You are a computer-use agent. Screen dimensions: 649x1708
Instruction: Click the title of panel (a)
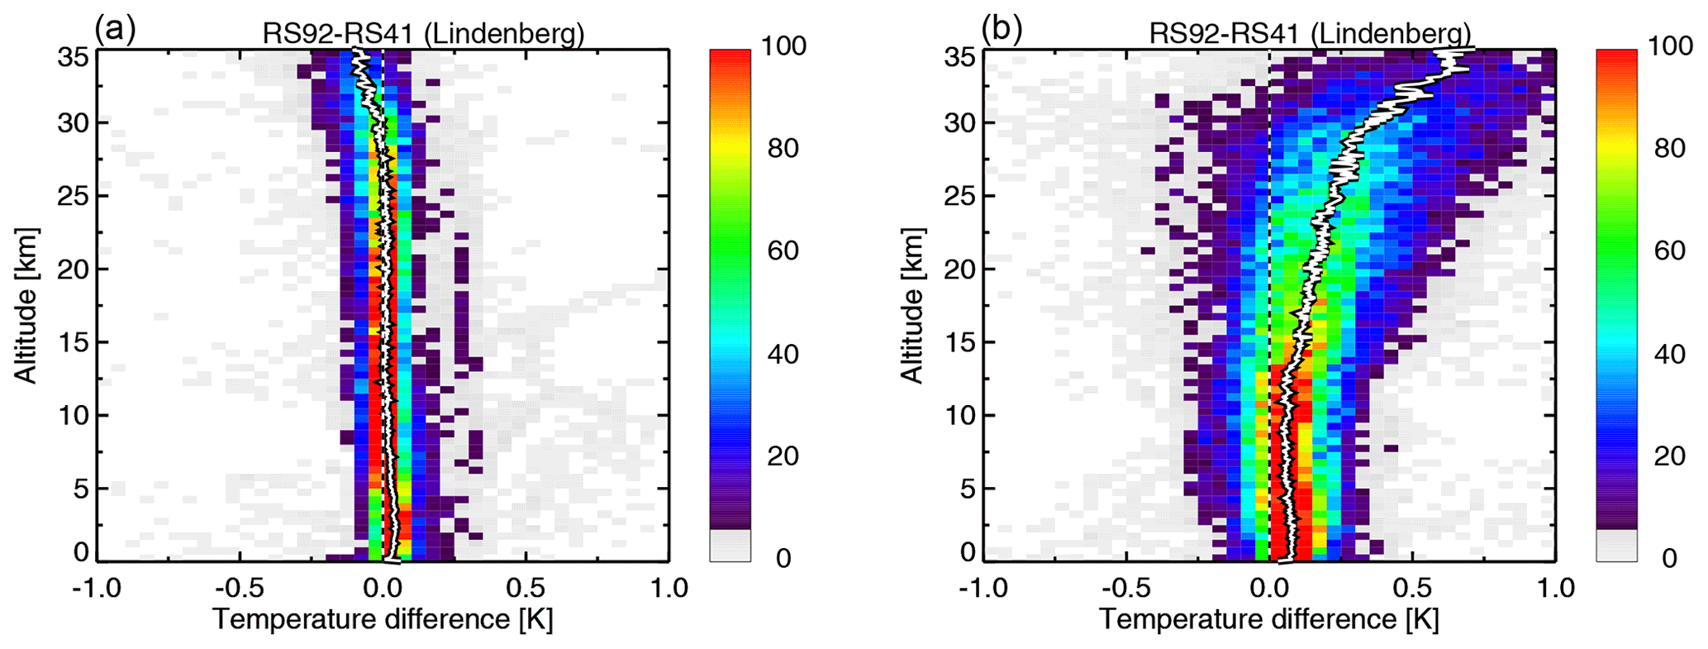[423, 34]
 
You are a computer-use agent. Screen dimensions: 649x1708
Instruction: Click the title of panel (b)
[1310, 34]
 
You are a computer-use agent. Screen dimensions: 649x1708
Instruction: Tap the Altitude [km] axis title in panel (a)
[26, 306]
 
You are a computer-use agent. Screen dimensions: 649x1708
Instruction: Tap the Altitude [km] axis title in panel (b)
[911, 306]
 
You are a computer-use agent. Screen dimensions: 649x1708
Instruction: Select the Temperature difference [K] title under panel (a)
[383, 619]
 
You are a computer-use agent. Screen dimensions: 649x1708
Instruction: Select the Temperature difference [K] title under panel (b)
[1269, 619]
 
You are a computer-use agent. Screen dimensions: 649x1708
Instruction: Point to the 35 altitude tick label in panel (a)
[73, 57]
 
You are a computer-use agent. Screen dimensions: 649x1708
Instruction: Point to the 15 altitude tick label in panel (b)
[959, 342]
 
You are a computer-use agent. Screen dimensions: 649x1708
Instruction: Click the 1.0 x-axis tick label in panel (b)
[1555, 589]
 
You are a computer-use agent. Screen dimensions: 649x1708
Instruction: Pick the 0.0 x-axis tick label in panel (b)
[1269, 589]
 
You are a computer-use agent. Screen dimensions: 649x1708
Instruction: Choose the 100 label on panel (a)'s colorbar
[783, 45]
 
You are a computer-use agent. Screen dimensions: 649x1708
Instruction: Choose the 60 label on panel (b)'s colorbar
[1669, 251]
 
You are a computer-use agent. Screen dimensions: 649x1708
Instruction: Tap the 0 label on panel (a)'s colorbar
[783, 559]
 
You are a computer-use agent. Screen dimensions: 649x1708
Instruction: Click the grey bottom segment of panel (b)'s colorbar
[1616, 546]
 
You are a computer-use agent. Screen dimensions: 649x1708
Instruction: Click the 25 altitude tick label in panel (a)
[73, 196]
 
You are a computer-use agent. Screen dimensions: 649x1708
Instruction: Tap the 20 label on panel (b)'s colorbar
[1669, 456]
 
